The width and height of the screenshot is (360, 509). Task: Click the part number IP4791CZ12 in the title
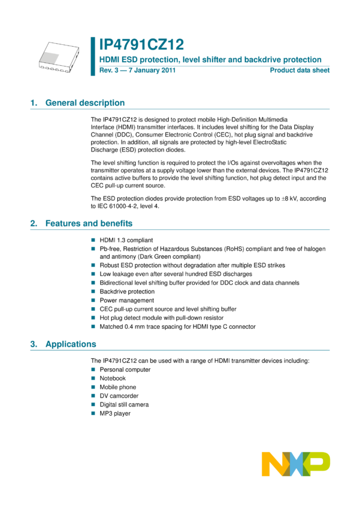[x=141, y=44]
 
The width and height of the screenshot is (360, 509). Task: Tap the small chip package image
[x=50, y=57]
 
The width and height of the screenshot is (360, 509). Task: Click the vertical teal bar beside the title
[x=93, y=56]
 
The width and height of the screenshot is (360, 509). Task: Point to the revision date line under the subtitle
[x=137, y=70]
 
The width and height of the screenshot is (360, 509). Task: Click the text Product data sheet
[x=300, y=70]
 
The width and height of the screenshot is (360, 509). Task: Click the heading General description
[x=84, y=102]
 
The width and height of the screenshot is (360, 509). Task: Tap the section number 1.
[x=33, y=102]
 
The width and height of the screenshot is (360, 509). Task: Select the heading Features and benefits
[x=89, y=223]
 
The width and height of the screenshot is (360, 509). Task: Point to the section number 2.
[x=33, y=223]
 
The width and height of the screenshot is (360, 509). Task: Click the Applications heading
[x=71, y=344]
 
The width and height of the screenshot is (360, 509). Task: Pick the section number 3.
[x=33, y=344]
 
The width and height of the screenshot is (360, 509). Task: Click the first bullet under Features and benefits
[x=93, y=240]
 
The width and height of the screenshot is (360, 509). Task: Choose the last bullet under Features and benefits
[x=93, y=326]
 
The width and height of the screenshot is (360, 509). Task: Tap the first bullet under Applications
[x=93, y=369]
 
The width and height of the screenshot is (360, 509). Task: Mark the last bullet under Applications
[x=93, y=413]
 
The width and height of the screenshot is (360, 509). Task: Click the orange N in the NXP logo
[x=273, y=464]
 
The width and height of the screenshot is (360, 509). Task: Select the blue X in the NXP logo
[x=296, y=464]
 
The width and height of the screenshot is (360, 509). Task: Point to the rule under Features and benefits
[x=180, y=229]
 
